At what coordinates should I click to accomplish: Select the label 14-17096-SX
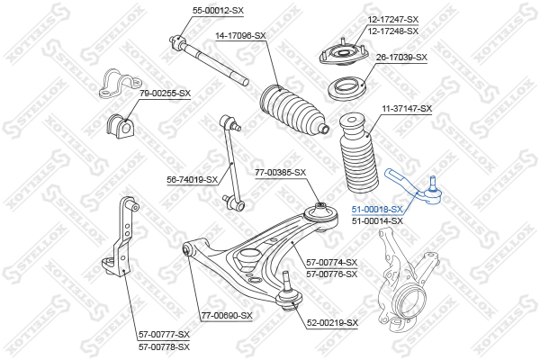coord(239,35)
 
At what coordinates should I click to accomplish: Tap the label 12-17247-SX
coord(393,19)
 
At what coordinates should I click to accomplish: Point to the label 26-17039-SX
coord(401,57)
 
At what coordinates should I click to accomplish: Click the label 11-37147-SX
coord(407,108)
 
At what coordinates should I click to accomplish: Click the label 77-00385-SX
coord(280,172)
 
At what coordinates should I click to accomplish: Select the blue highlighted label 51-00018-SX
coord(377,209)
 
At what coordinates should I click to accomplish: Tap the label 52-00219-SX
coord(332,322)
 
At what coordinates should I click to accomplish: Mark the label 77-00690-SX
coord(227,316)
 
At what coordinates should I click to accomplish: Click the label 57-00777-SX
coord(164,334)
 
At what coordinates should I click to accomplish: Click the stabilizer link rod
coord(233,162)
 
